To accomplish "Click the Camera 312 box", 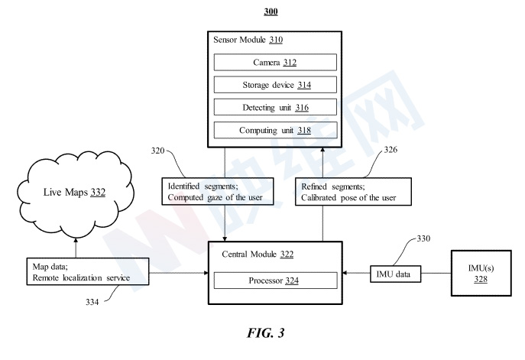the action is (x=275, y=62).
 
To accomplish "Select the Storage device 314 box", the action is (x=275, y=85).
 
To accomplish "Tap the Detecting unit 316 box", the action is (x=275, y=107).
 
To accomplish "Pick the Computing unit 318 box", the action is (x=275, y=130).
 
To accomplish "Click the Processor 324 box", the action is (x=275, y=281).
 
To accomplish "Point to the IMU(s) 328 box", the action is (x=481, y=273).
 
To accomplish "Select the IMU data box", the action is (x=395, y=274).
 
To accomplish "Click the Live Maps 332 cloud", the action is (x=76, y=194).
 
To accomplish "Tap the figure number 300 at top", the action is (x=271, y=11).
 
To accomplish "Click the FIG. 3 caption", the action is (x=265, y=332).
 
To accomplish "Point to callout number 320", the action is (x=157, y=151).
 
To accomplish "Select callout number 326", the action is (x=391, y=149).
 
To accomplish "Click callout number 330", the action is (x=423, y=238).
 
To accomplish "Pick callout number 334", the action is (x=92, y=302).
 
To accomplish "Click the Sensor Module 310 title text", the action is (x=248, y=40).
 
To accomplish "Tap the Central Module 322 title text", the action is (x=258, y=255).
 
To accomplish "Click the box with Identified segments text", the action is (x=218, y=192).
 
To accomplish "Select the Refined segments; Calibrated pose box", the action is (x=353, y=192).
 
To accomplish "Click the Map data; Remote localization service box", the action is (x=88, y=271).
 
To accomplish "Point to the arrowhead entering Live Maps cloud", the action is (x=76, y=240).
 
